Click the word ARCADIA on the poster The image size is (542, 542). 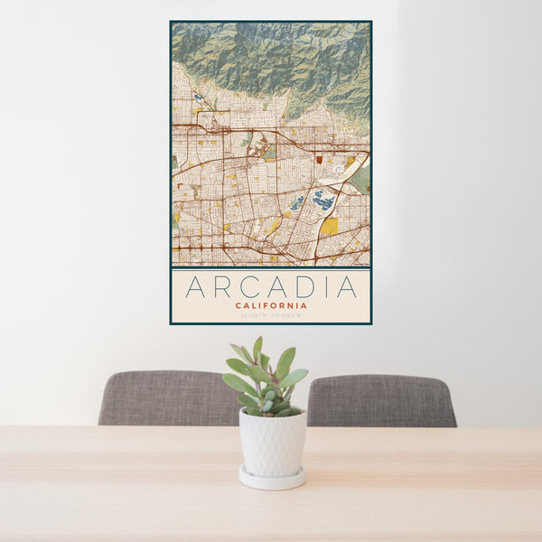tap(271, 287)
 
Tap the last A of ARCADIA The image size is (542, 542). tap(347, 287)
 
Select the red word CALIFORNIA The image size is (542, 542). tap(271, 305)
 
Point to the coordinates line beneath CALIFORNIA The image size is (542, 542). tap(271, 314)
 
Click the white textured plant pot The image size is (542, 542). tap(272, 442)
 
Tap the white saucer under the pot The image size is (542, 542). tap(272, 479)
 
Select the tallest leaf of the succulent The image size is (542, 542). tap(257, 349)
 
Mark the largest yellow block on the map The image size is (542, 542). tap(329, 226)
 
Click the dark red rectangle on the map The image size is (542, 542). tap(320, 158)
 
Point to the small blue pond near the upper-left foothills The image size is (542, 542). tap(197, 95)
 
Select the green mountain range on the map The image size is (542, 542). tap(271, 59)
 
